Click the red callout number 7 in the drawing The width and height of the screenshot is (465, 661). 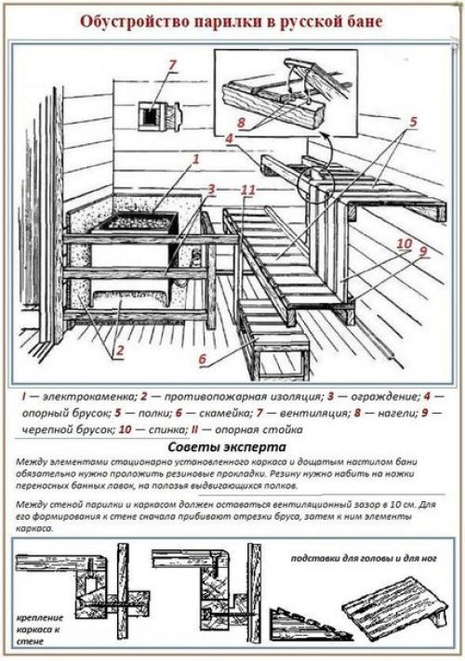tap(170, 65)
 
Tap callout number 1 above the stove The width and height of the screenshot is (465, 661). tap(195, 160)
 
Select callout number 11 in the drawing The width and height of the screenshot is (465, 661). tap(246, 191)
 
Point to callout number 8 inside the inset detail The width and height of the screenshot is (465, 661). tap(240, 121)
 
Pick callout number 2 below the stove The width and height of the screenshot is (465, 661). tap(117, 351)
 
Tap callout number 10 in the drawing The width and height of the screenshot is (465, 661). tap(404, 244)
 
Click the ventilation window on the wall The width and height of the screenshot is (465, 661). tap(151, 117)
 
